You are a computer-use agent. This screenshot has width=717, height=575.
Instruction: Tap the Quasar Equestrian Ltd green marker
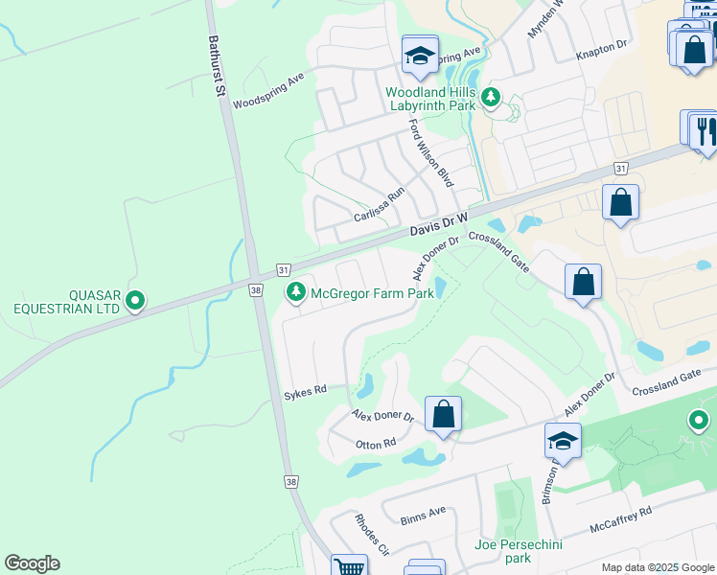[x=135, y=302]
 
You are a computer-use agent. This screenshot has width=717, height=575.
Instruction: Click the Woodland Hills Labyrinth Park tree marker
[x=491, y=96]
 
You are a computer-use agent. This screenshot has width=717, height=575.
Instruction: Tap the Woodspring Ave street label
[x=268, y=89]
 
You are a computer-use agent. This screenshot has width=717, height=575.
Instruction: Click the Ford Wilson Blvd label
[x=430, y=152]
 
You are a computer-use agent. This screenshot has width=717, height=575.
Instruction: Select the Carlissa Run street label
[x=380, y=205]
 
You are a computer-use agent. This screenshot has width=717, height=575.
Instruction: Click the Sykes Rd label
[x=306, y=390]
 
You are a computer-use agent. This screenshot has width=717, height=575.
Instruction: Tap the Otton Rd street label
[x=376, y=444]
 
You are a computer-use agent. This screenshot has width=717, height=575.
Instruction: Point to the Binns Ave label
[x=424, y=513]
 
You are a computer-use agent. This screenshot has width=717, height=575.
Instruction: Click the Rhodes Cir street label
[x=371, y=538]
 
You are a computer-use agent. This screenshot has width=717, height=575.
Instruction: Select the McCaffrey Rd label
[x=621, y=518]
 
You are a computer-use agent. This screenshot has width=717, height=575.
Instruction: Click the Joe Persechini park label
[x=519, y=551]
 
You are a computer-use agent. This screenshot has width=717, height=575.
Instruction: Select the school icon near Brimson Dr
[x=563, y=441]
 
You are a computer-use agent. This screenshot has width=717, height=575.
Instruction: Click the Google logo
[x=32, y=563]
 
